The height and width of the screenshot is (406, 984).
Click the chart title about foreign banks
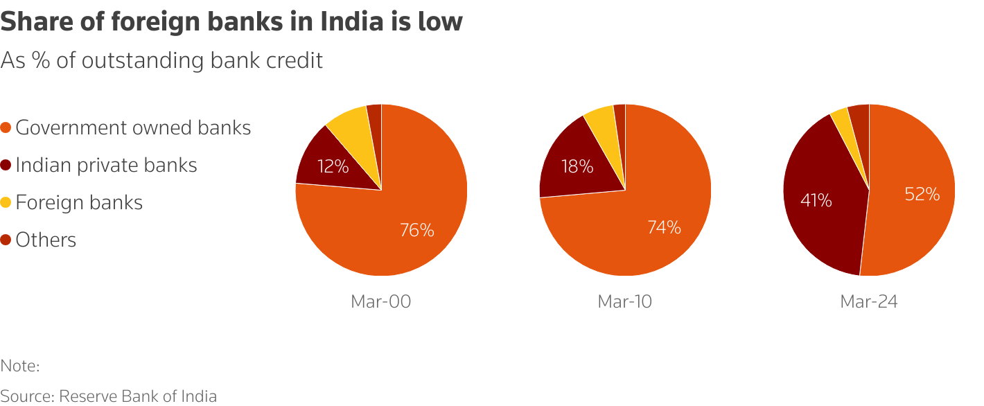pos(231,21)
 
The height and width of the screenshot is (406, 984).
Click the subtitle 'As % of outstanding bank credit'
pos(161,60)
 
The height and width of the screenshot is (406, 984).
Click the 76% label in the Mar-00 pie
pos(416,230)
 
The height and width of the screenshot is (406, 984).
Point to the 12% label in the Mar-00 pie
pos(333,166)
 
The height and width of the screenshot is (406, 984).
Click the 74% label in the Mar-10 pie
pos(664,227)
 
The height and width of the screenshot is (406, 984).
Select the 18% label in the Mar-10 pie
pos(577,166)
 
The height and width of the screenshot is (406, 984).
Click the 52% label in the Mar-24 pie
pos(922,195)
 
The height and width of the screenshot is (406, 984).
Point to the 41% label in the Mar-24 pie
pos(816,200)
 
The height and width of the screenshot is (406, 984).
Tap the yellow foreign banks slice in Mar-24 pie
pos(841,118)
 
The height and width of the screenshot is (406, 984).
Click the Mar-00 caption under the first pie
pos(380,301)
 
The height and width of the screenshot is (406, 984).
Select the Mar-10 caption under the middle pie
pos(624,301)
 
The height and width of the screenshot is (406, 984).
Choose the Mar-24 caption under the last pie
pos(868,301)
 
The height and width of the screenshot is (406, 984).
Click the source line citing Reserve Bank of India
pos(108,396)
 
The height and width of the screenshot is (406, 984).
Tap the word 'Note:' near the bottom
pos(20,365)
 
